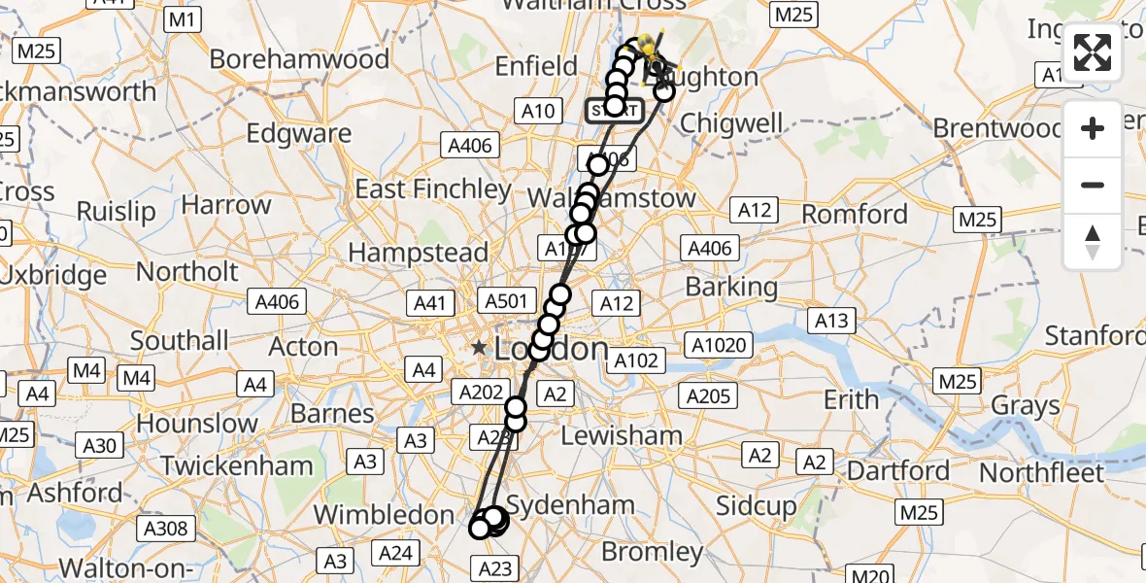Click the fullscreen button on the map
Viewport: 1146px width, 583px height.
pyautogui.click(x=1093, y=52)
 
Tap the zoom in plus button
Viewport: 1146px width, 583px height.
pyautogui.click(x=1093, y=128)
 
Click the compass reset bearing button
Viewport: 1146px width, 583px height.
pyautogui.click(x=1093, y=241)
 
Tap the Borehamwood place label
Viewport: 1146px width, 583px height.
pyautogui.click(x=299, y=59)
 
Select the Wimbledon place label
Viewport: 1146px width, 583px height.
pyautogui.click(x=384, y=515)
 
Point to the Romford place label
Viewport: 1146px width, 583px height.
pyautogui.click(x=856, y=214)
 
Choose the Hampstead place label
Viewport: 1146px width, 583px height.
pyautogui.click(x=418, y=253)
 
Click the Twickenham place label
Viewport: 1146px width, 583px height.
pyautogui.click(x=237, y=465)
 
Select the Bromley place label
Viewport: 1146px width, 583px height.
pyautogui.click(x=653, y=553)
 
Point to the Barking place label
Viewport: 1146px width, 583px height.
pyautogui.click(x=731, y=287)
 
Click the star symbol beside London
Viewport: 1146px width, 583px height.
pyautogui.click(x=479, y=347)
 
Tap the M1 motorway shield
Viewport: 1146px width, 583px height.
pyautogui.click(x=183, y=18)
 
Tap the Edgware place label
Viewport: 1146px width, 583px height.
pyautogui.click(x=286, y=133)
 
